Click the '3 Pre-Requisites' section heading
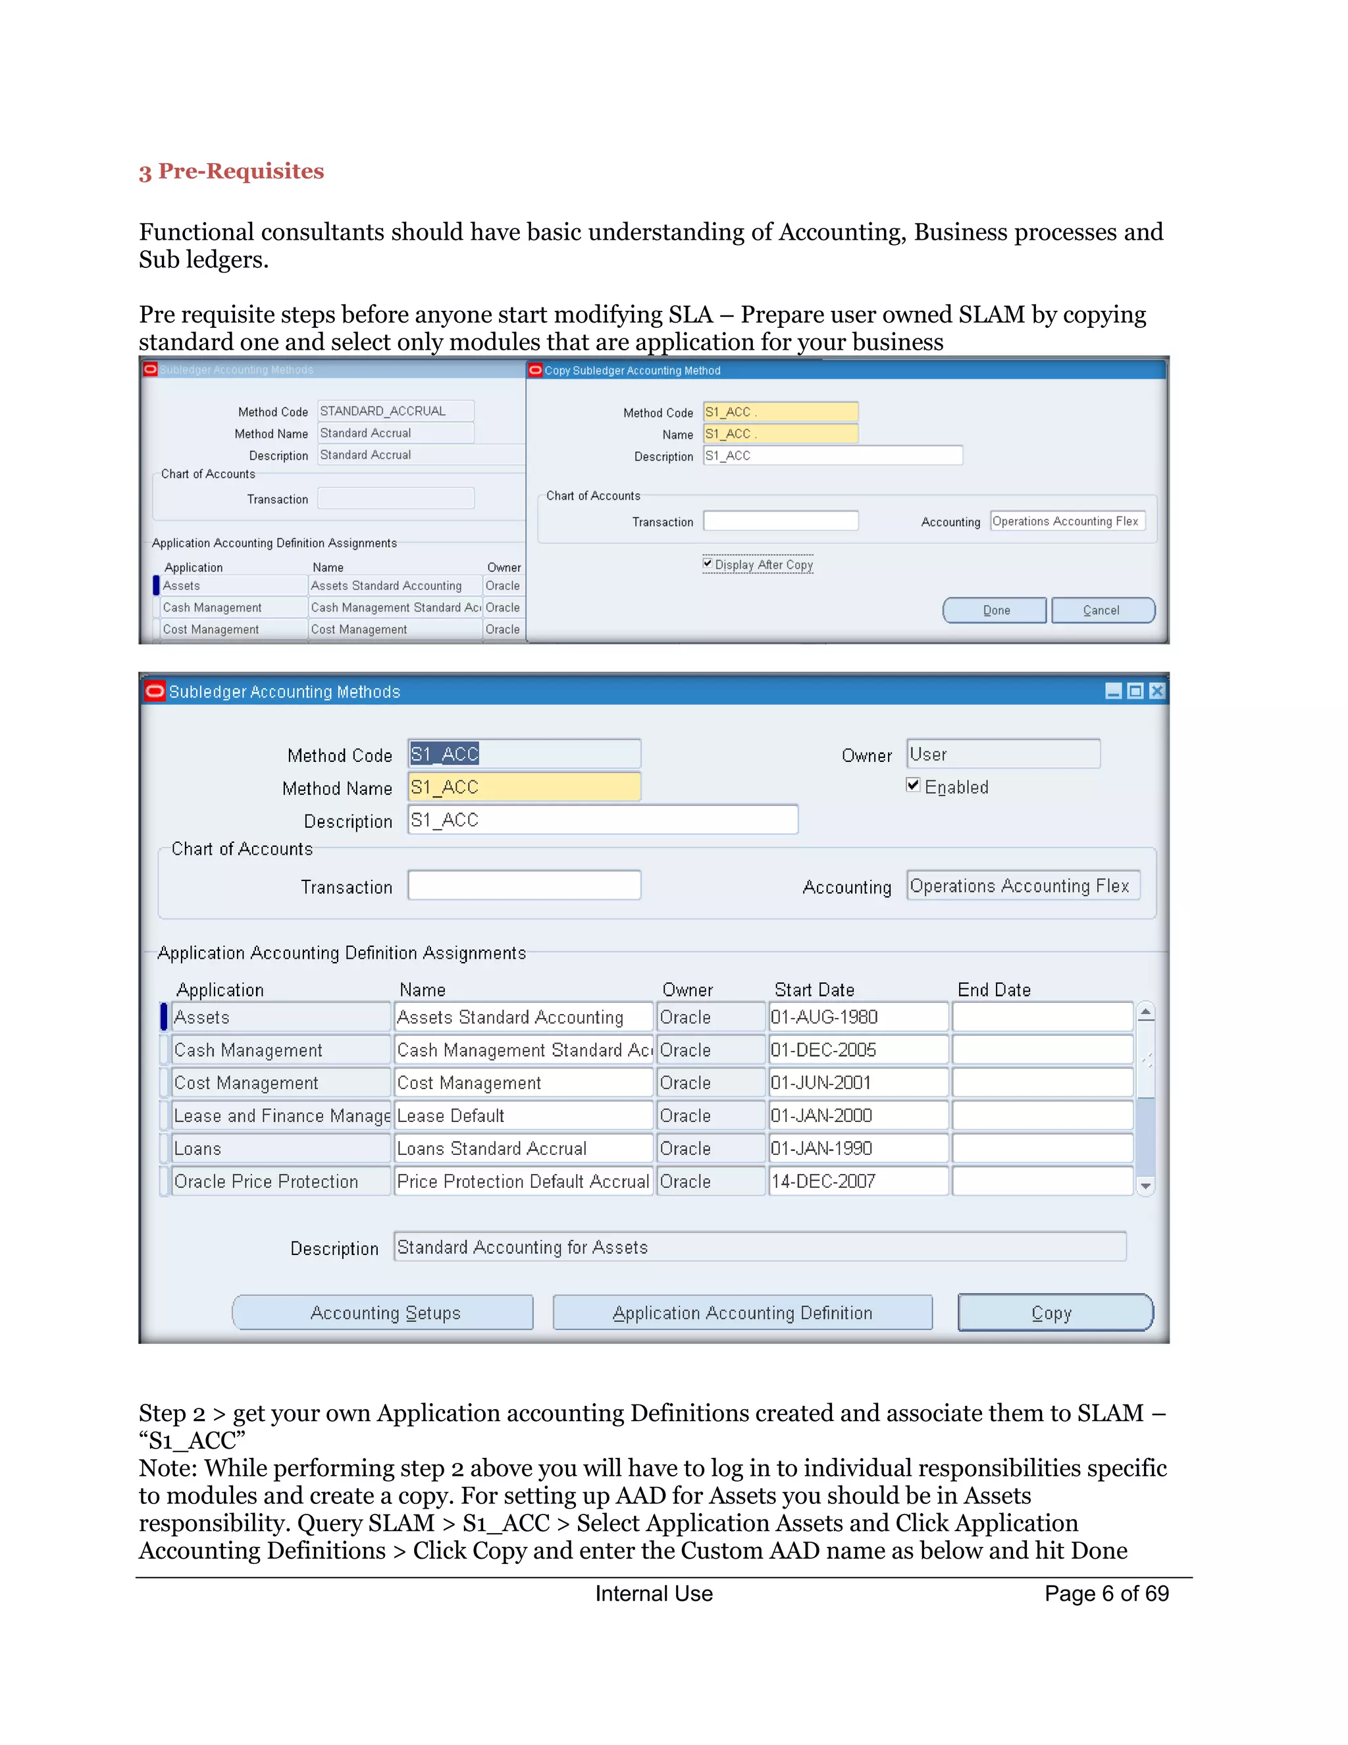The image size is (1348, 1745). (231, 171)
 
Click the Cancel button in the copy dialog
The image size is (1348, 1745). (1102, 610)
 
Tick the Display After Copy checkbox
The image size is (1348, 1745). (708, 563)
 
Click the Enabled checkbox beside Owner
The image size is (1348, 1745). (913, 786)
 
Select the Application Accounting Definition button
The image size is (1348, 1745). (742, 1313)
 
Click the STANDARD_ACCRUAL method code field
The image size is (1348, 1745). (396, 411)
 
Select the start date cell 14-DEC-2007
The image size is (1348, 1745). (858, 1181)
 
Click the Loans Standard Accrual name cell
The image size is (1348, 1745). (523, 1148)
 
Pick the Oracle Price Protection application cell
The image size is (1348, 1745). (280, 1181)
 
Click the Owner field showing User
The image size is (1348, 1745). (1002, 754)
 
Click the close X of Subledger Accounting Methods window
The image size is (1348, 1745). (1156, 691)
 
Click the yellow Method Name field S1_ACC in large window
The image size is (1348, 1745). (523, 787)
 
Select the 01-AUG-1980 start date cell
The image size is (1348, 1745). (858, 1017)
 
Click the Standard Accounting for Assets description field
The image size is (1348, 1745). (759, 1247)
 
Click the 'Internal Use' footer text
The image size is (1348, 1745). (653, 1594)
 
